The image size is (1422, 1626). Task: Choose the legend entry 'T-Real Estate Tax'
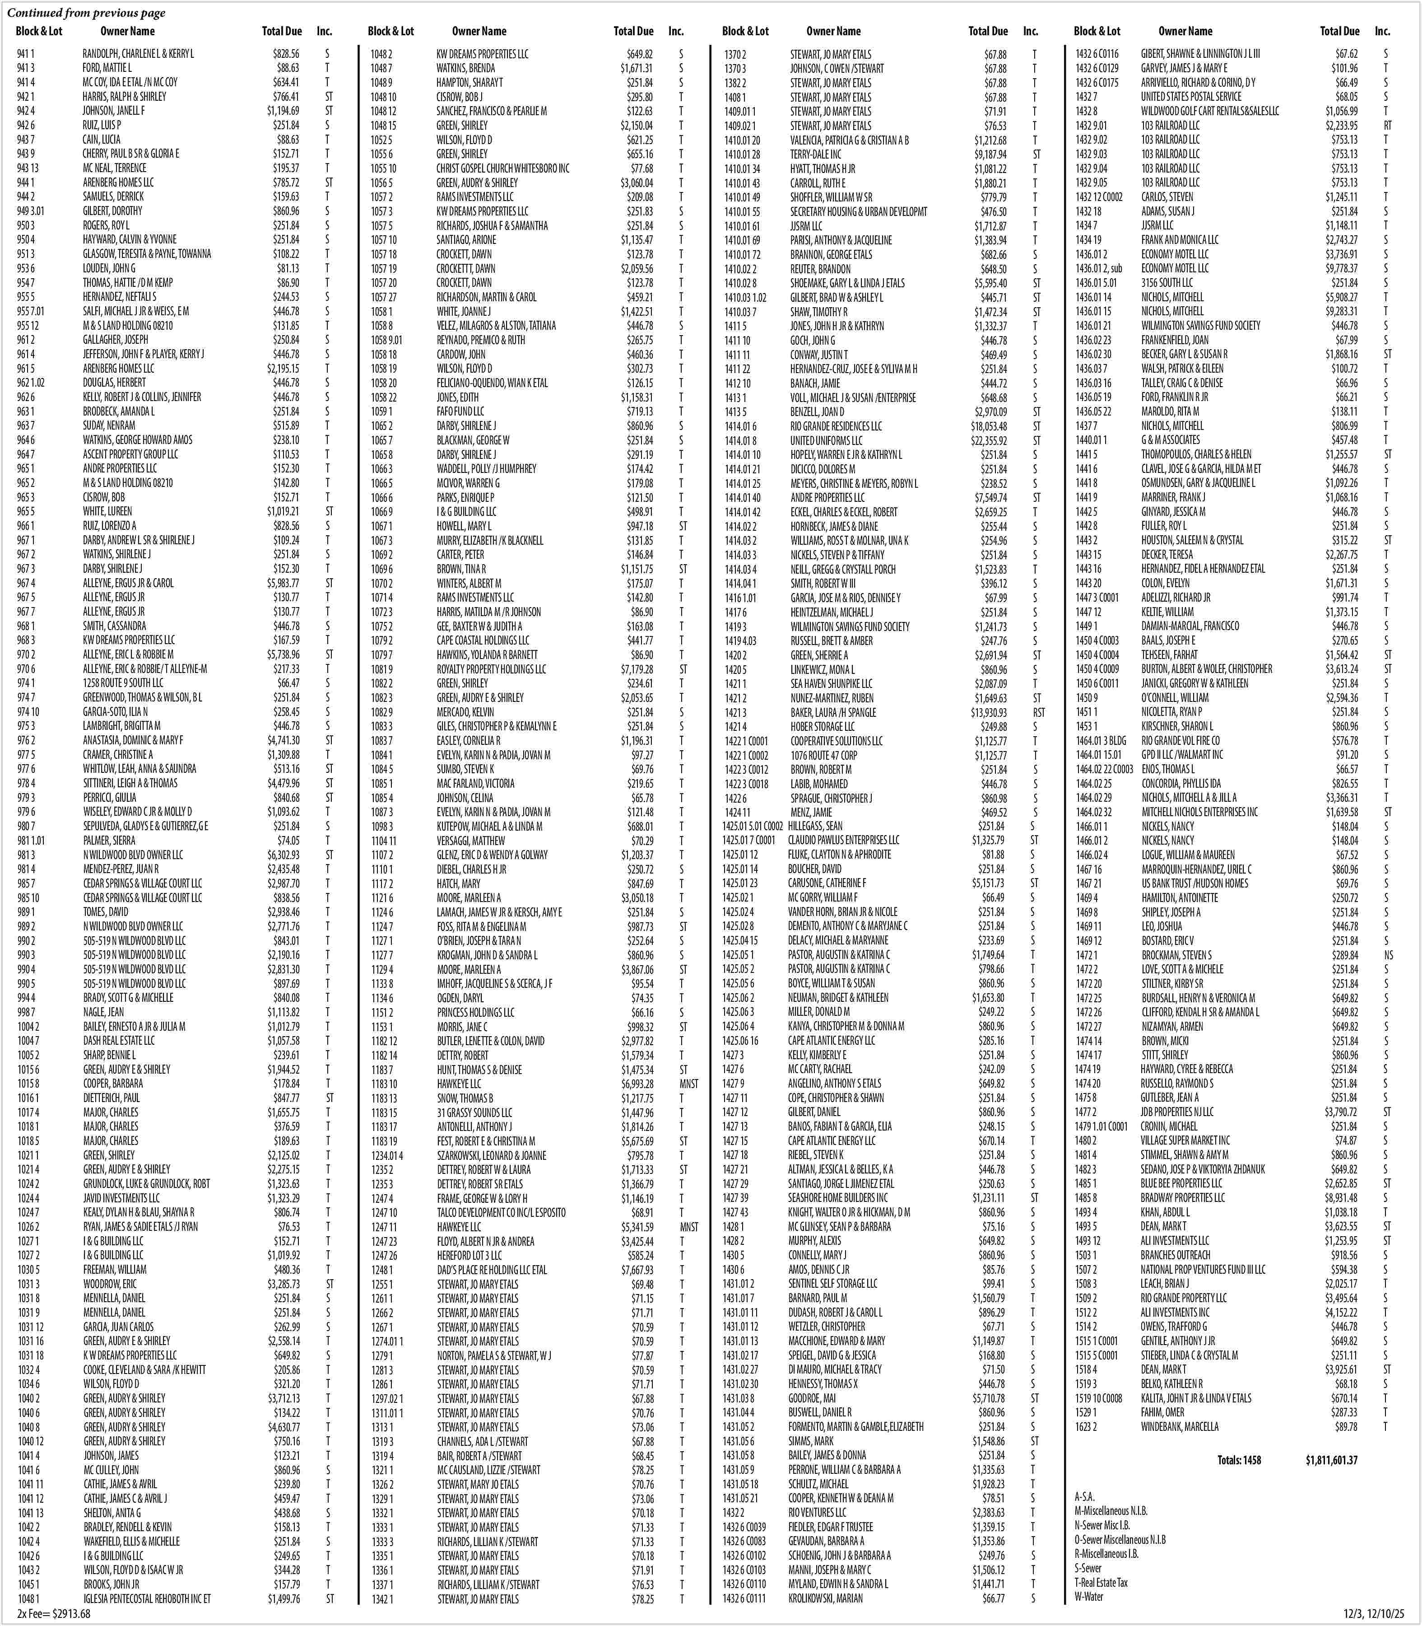tap(1101, 1582)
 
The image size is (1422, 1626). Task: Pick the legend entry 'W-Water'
tap(1089, 1597)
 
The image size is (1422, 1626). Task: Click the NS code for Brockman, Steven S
tap(1389, 955)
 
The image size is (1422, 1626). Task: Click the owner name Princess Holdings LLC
tap(474, 1012)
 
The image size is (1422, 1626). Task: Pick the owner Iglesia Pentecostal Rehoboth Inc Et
tap(147, 1599)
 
